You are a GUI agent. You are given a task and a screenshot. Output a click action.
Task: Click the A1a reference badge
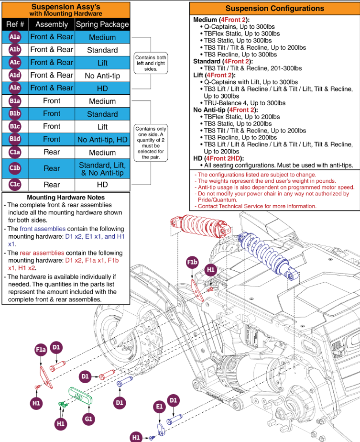(x=14, y=37)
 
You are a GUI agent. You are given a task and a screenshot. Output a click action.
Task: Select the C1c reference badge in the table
(x=14, y=185)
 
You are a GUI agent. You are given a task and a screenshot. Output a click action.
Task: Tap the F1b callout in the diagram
(x=192, y=263)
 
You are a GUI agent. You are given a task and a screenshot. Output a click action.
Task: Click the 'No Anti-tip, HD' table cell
(x=102, y=140)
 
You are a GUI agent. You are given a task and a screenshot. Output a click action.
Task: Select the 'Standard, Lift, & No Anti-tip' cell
(x=102, y=168)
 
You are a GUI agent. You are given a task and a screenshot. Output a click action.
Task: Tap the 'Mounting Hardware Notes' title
(x=66, y=197)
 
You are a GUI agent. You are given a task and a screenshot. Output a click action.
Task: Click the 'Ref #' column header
(x=14, y=24)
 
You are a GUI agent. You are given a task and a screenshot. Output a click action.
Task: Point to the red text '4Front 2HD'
(x=224, y=158)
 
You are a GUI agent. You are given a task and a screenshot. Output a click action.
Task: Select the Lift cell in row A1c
(x=102, y=63)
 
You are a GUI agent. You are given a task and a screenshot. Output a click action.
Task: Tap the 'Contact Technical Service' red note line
(x=255, y=206)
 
